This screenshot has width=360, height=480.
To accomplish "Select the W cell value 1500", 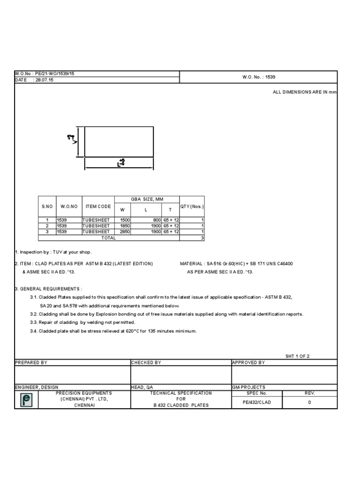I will click(x=124, y=219).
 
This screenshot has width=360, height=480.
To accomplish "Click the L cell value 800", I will click(x=156, y=219).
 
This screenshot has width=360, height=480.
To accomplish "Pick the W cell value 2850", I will click(x=124, y=232).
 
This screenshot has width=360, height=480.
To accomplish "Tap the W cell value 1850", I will click(x=124, y=225).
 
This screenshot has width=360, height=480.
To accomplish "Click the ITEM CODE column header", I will click(x=98, y=206).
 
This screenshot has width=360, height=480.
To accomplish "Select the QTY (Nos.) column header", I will click(x=192, y=206).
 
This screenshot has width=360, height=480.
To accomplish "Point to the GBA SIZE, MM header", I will click(x=147, y=199).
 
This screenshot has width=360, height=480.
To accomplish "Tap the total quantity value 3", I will click(x=202, y=238).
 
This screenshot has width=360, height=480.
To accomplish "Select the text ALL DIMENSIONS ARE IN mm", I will click(x=305, y=92).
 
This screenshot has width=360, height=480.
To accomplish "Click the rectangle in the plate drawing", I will click(x=119, y=142).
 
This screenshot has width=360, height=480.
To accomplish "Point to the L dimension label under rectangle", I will click(x=121, y=163).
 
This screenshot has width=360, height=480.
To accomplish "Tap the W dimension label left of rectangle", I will click(x=72, y=139).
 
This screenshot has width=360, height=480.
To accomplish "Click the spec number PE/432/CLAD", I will click(x=256, y=402).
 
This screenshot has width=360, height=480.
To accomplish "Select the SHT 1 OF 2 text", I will click(x=298, y=356).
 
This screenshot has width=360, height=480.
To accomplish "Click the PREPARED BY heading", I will click(x=31, y=362).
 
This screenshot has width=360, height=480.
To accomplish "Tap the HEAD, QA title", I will click(x=142, y=387).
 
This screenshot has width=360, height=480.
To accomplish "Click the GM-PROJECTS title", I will click(x=248, y=387).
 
